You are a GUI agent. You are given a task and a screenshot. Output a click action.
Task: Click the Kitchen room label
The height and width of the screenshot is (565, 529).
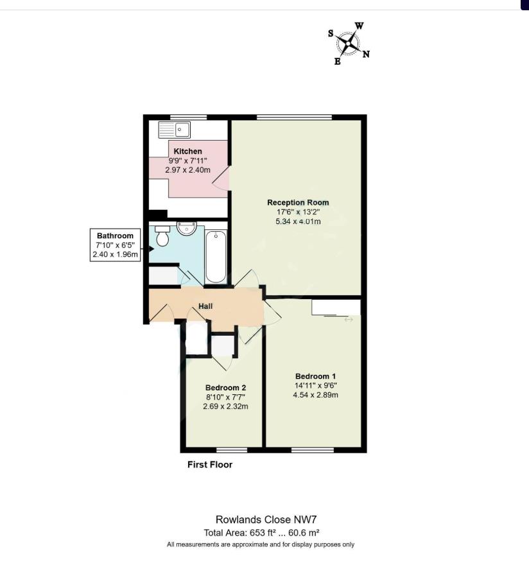click(x=187, y=152)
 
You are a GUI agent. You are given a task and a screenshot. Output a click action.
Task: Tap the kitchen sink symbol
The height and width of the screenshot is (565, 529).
click(x=175, y=130)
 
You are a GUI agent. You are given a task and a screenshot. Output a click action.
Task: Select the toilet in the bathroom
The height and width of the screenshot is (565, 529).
click(x=162, y=236)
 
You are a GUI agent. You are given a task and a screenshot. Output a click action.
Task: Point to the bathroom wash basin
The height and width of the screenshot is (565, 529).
click(x=187, y=228)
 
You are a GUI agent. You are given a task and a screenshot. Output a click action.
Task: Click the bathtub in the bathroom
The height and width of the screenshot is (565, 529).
click(x=216, y=257)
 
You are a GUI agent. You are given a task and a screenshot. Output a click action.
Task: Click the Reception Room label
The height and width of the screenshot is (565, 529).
click(x=298, y=202)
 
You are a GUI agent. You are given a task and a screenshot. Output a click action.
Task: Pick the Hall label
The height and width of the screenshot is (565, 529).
click(x=205, y=306)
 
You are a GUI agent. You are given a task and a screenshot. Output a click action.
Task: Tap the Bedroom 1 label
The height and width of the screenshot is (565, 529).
click(x=316, y=376)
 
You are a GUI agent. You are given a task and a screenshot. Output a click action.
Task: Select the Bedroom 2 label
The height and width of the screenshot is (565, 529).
click(x=225, y=388)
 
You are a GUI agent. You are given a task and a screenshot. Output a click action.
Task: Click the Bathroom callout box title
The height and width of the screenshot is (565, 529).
click(x=115, y=236)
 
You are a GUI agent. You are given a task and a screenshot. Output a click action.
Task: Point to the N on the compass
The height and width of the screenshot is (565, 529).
click(x=366, y=55)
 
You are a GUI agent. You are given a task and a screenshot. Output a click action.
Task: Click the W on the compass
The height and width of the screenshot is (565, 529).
click(x=360, y=26)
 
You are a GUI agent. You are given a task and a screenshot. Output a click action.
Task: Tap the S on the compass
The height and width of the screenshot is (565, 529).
click(x=331, y=33)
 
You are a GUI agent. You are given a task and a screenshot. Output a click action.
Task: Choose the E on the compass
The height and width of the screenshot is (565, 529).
click(x=337, y=62)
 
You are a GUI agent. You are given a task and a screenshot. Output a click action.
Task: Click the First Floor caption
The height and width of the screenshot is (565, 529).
click(x=210, y=464)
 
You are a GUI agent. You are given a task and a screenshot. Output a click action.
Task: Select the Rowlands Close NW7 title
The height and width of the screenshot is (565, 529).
click(x=266, y=519)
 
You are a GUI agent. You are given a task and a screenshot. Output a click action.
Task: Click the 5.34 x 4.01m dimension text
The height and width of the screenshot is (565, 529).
click(x=298, y=222)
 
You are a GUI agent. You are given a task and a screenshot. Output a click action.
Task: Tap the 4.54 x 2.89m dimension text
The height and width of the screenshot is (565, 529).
click(x=316, y=395)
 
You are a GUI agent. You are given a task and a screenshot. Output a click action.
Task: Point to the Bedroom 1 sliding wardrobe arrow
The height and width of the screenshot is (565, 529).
click(x=349, y=320)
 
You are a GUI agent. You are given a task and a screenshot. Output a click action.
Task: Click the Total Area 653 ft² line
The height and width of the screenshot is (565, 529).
click(x=262, y=532)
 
